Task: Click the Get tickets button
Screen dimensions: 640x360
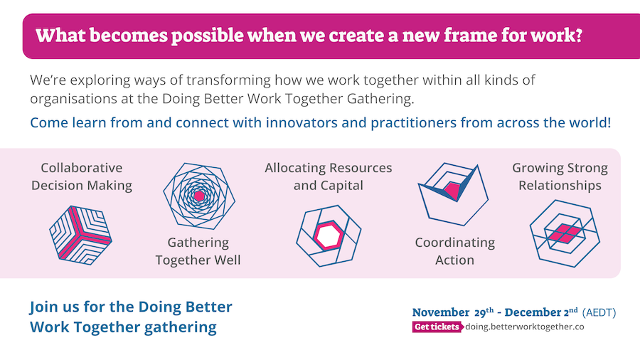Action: click(437, 327)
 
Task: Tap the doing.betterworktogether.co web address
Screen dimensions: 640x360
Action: click(525, 327)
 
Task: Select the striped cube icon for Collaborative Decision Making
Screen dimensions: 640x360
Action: click(81, 235)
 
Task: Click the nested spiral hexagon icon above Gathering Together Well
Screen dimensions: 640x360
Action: click(199, 196)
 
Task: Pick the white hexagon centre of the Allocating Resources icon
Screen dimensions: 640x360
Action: click(328, 235)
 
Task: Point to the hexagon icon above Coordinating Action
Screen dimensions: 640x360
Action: click(453, 194)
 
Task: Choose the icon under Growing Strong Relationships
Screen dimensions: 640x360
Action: click(565, 233)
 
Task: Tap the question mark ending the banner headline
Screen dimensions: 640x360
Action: click(577, 35)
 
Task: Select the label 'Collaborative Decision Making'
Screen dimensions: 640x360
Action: click(82, 176)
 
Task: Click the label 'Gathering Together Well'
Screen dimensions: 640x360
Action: click(198, 251)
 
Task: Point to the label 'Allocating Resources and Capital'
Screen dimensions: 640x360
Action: click(328, 176)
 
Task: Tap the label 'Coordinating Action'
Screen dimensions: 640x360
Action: click(454, 251)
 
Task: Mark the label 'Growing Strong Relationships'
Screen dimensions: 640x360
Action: click(560, 176)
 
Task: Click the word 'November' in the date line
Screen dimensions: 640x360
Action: click(441, 312)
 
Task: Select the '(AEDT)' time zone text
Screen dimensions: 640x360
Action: click(599, 312)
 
